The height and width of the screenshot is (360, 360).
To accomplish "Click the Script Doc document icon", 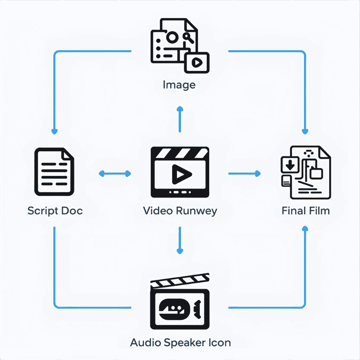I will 54,172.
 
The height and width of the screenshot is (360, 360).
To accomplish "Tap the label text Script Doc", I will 55,211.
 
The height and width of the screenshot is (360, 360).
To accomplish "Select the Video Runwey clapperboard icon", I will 180,172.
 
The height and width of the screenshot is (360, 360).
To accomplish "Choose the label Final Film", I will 306,211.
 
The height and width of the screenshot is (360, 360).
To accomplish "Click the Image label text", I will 179,85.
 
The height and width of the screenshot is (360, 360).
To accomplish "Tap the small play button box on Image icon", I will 197,62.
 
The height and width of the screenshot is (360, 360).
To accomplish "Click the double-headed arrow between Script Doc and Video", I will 115,174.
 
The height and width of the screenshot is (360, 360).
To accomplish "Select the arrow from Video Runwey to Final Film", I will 244,174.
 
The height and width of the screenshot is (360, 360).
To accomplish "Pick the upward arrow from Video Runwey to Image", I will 180,119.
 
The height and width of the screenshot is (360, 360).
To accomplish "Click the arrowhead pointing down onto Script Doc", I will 54,131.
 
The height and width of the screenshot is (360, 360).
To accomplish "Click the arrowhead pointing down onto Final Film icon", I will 305,131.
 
